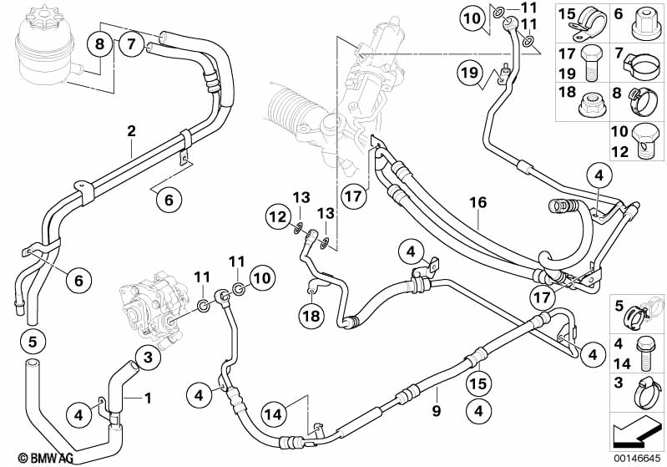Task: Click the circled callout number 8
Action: coord(99,43)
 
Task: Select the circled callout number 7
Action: coord(130,43)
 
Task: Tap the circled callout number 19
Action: coord(470,73)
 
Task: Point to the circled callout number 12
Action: coord(279,217)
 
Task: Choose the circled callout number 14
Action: coord(274,413)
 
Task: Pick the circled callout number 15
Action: coord(478,383)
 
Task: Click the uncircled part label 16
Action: coord(478,203)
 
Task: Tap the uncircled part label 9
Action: coord(437,411)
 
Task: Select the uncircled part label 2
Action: coord(131,130)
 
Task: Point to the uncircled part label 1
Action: coord(148,398)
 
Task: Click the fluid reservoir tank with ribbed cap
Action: coord(45,46)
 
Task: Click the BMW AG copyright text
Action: coord(46,458)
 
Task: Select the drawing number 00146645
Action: coord(637,459)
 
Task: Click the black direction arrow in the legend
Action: coord(637,431)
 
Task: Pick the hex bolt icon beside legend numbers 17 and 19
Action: coord(592,63)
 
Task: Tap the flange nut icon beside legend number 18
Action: coord(593,105)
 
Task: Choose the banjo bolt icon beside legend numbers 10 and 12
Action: coord(647,141)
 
